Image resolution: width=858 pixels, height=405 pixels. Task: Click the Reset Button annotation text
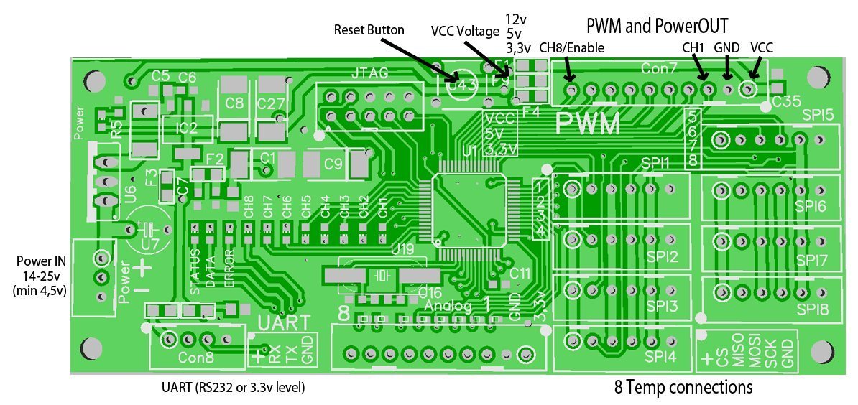click(x=369, y=30)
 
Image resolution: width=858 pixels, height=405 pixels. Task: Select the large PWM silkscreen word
click(x=589, y=124)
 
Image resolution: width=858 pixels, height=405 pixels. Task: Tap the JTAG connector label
click(x=371, y=73)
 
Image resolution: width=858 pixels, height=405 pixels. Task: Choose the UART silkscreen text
click(x=285, y=322)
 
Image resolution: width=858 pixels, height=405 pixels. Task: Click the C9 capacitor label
click(x=333, y=164)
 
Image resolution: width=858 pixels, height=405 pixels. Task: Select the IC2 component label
click(x=187, y=129)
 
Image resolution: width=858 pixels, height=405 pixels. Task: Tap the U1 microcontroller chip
click(x=463, y=211)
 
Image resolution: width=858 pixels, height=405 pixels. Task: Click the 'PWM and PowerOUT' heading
click(x=658, y=27)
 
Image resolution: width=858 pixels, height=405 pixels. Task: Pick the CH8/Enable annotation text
click(x=571, y=47)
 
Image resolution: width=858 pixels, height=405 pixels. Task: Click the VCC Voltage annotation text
click(x=464, y=32)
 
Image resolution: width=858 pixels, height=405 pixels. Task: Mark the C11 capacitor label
click(x=520, y=274)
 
